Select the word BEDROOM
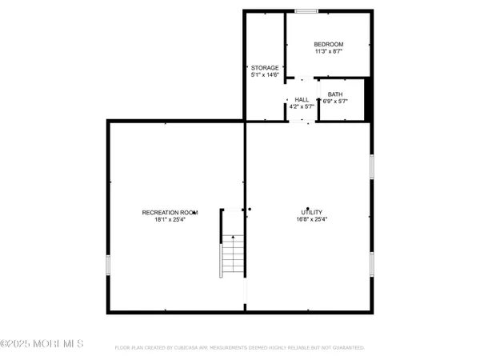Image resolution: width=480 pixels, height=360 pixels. coord(328,44)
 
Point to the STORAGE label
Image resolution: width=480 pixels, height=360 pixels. coord(264,67)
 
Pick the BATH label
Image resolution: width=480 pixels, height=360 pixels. coord(334,94)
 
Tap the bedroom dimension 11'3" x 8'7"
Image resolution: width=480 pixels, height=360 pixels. coord(328,51)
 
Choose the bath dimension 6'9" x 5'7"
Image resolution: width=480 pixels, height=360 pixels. coord(334,102)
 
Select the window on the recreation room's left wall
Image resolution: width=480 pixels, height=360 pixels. coord(108,266)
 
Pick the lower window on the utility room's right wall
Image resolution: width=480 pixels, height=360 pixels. coord(372,264)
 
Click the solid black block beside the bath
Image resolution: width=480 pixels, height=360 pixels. coord(369,99)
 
